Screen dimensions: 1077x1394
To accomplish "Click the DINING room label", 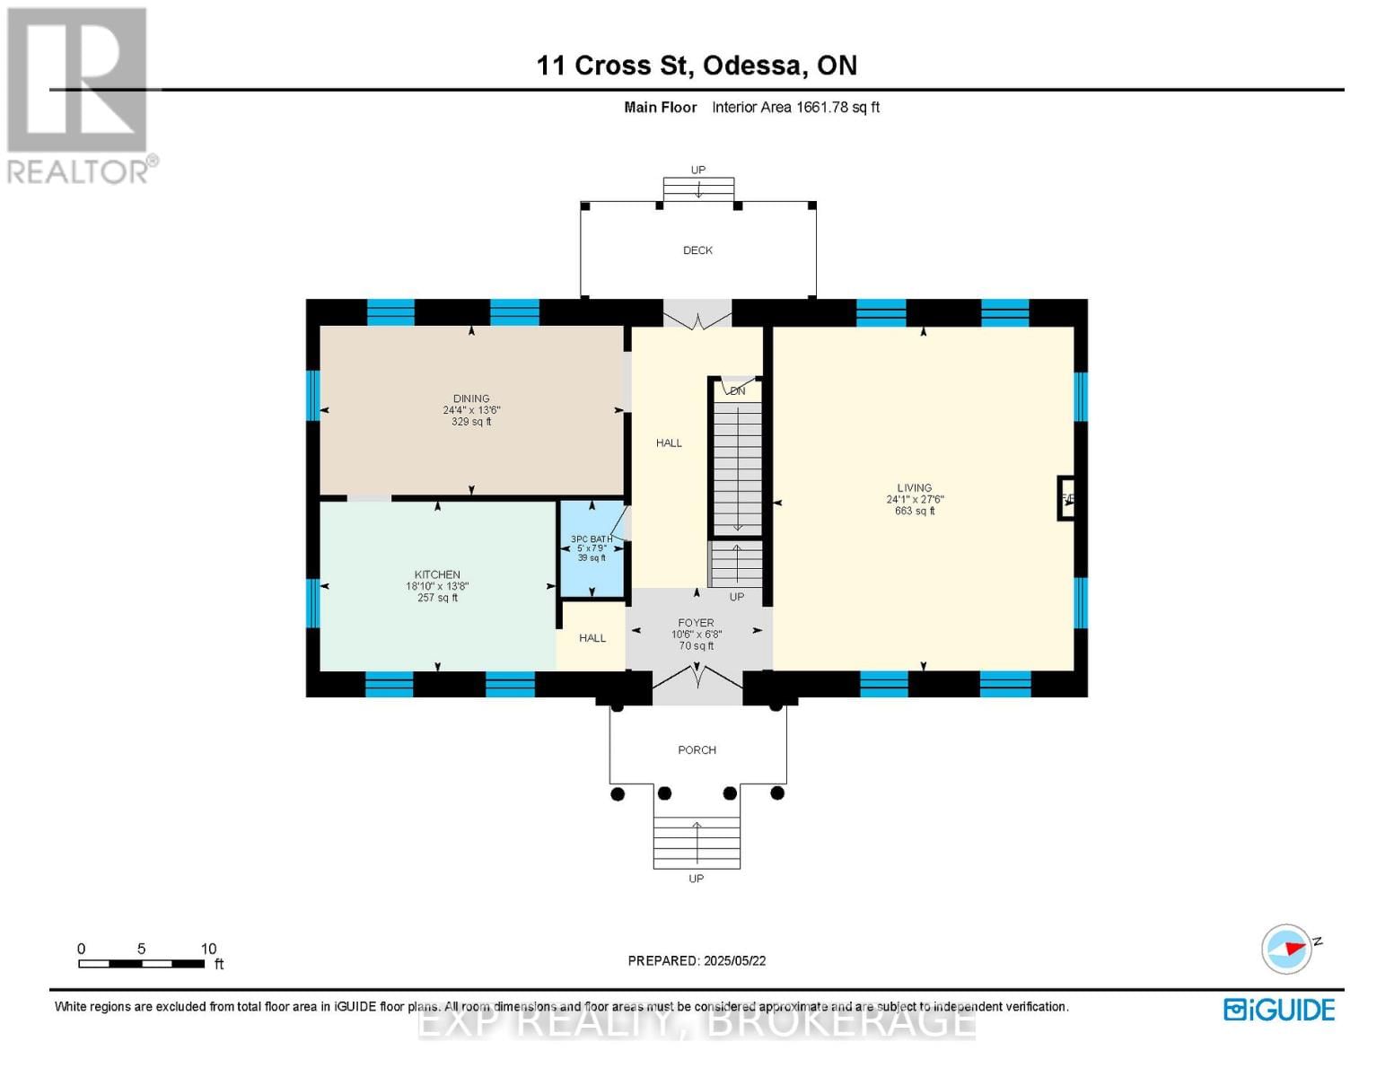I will tap(471, 399).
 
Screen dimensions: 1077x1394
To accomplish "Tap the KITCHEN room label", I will tap(437, 575).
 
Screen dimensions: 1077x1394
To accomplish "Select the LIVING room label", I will tap(914, 488).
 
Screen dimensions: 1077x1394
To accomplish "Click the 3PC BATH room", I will tap(592, 548).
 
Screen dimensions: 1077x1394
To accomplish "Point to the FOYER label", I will tap(696, 623).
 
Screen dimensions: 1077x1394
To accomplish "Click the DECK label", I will tap(697, 250).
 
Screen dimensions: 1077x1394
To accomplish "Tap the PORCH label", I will tap(697, 750).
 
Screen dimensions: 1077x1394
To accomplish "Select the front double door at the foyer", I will tap(697, 682).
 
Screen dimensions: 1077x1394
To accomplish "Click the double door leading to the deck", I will tap(697, 315).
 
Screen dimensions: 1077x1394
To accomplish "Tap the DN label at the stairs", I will tap(737, 391).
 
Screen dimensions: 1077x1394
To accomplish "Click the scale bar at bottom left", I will tap(141, 964).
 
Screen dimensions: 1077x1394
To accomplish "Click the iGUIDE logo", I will tap(1279, 1010).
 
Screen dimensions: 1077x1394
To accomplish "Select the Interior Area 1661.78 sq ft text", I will tap(795, 108).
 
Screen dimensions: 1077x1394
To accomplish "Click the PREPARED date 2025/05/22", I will tap(697, 960).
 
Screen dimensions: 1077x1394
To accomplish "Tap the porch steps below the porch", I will tap(697, 843).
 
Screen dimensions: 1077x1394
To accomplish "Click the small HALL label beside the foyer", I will tap(592, 638).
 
